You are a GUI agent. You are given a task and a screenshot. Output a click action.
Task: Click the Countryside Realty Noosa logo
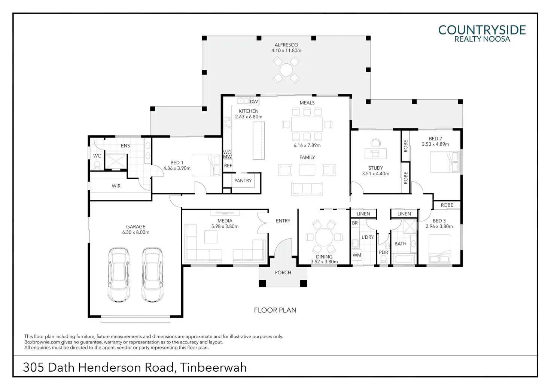click(x=482, y=33)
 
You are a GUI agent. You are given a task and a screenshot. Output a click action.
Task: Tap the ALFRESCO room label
click(x=286, y=45)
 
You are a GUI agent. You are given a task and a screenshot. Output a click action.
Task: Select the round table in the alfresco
click(x=286, y=69)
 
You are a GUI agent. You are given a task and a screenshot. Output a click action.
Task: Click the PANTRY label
click(x=243, y=181)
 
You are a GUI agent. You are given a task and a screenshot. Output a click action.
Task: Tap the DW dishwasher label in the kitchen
click(x=254, y=102)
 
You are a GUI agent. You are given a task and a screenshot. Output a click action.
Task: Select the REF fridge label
click(x=228, y=166)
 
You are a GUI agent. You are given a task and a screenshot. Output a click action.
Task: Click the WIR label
click(x=116, y=186)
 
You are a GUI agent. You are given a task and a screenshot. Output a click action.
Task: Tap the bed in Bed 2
click(x=445, y=162)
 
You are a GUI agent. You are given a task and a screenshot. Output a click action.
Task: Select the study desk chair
click(x=375, y=143)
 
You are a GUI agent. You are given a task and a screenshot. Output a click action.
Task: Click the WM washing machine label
click(x=357, y=255)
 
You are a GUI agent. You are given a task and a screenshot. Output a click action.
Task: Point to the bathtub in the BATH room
click(x=404, y=259)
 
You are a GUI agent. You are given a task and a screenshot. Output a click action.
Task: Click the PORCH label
click(x=283, y=273)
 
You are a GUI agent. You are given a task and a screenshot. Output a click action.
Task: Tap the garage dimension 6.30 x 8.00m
click(x=136, y=232)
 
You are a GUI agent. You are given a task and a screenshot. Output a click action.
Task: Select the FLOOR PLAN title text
click(x=275, y=310)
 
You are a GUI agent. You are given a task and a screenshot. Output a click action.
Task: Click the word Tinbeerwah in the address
click(x=213, y=367)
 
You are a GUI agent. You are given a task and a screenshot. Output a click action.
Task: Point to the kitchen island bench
click(x=258, y=140)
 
